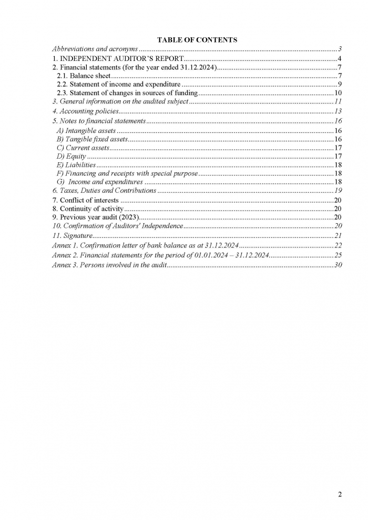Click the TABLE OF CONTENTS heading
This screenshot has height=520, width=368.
tap(197, 39)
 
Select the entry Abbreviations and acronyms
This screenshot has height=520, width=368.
tap(95, 48)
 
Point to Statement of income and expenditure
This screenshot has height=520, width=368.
tap(118, 84)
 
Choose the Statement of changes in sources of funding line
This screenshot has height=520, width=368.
tap(127, 93)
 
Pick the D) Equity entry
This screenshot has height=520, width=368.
tap(71, 157)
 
